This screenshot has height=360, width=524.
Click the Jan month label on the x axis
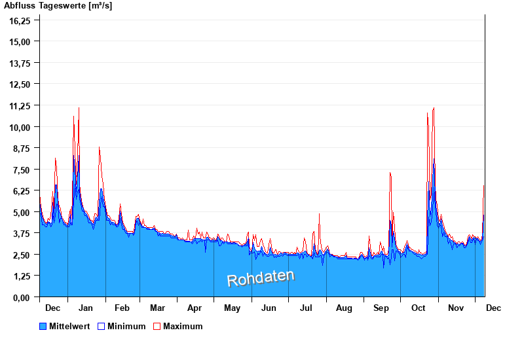[86, 308]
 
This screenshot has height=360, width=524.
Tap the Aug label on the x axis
[344, 308]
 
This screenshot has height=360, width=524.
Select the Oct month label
[419, 308]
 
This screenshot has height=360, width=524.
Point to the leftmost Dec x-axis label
[53, 308]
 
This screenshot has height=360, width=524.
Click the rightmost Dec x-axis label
[493, 308]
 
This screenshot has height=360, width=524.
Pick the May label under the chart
[232, 308]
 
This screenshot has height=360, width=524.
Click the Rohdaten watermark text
[261, 278]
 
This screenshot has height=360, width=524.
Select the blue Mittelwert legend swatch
[43, 326]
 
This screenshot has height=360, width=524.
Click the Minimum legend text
[126, 326]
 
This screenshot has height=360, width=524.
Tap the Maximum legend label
[183, 326]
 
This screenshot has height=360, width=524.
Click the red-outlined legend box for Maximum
[157, 326]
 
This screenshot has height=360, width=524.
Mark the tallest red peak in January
[79, 109]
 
